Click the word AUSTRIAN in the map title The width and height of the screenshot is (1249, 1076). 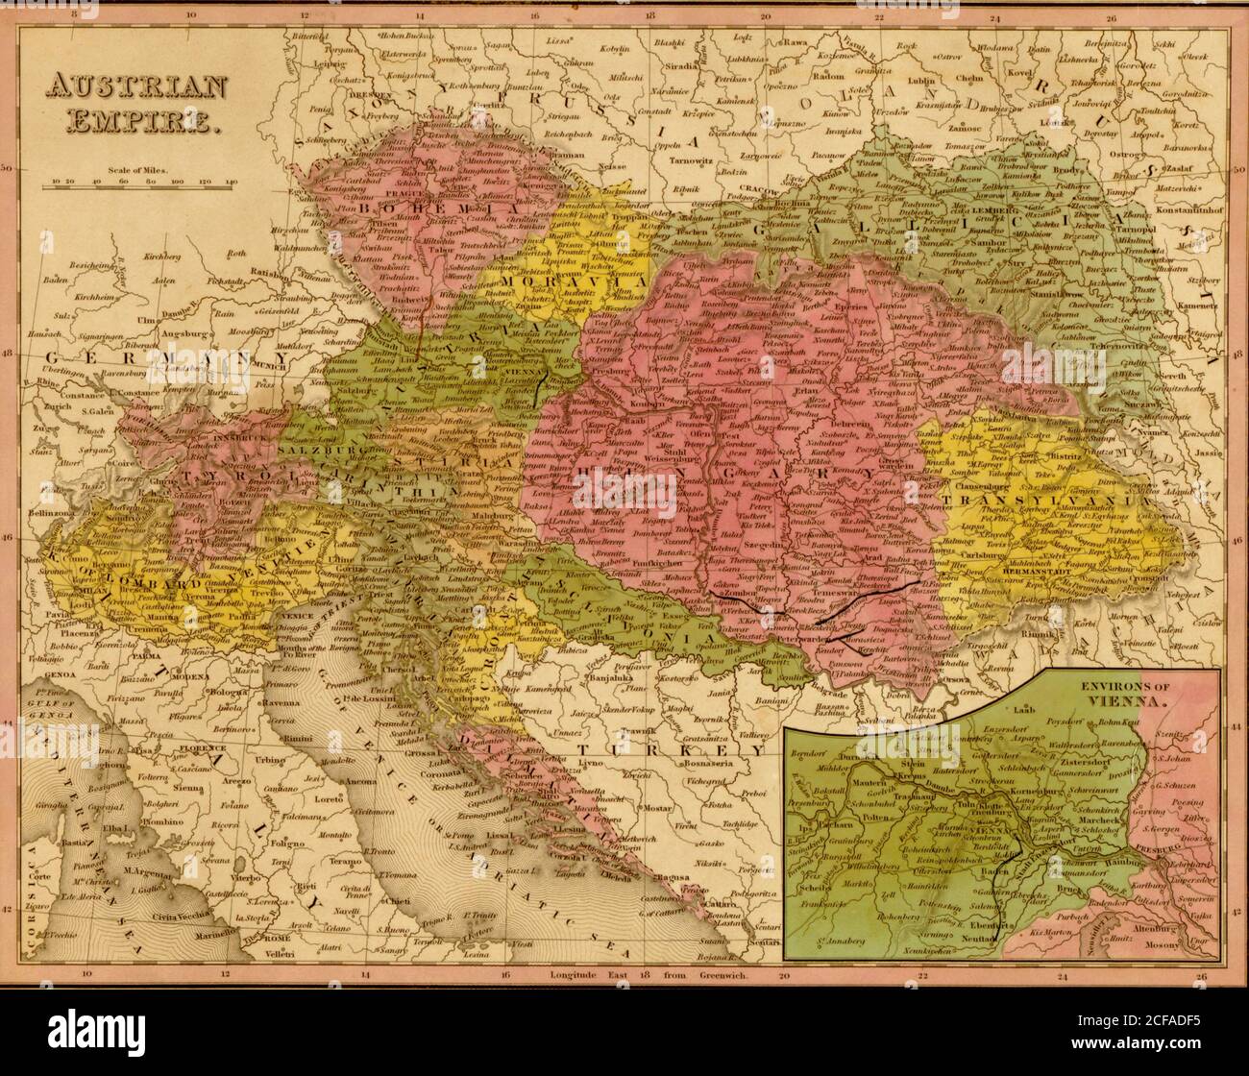135,88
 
